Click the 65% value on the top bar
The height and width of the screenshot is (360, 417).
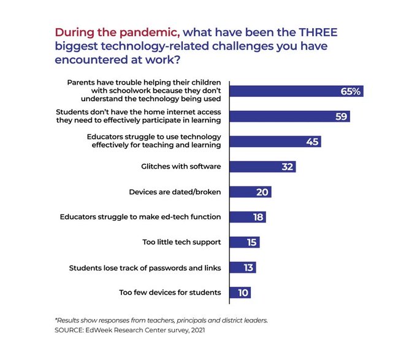click(351, 91)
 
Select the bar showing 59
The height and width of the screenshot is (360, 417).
click(289, 117)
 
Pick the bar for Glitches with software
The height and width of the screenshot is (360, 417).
click(262, 167)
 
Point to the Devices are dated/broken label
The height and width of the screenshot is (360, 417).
click(175, 192)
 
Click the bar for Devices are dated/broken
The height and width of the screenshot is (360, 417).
click(250, 192)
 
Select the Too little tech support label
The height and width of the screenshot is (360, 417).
click(182, 242)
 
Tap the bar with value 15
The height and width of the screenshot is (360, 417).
click(244, 242)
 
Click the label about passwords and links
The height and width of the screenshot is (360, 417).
click(145, 267)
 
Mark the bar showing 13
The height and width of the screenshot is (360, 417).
click(242, 267)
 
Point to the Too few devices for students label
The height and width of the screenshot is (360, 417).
click(170, 292)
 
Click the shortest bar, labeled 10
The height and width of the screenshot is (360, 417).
click(240, 292)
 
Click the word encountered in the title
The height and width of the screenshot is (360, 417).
click(93, 59)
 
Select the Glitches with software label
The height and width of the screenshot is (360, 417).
click(182, 167)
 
